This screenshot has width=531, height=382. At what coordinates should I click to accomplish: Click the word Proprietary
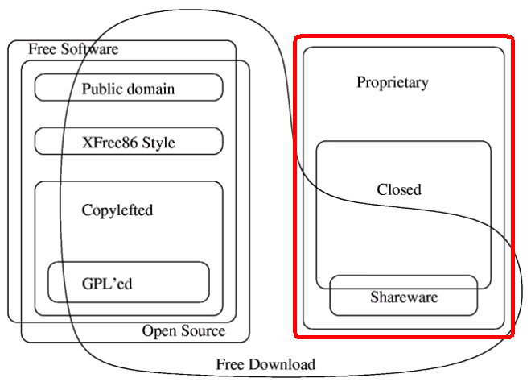click(x=393, y=82)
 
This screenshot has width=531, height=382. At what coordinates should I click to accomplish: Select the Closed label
click(x=399, y=190)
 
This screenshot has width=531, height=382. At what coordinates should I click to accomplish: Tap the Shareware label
click(x=404, y=297)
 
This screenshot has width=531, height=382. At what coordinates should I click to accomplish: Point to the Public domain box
click(x=129, y=88)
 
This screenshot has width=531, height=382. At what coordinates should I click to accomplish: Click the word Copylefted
click(x=117, y=210)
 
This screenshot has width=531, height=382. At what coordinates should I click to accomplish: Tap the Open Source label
click(x=183, y=331)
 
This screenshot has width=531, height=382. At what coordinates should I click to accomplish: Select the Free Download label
click(x=265, y=364)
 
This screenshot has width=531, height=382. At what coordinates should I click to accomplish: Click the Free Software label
click(x=73, y=49)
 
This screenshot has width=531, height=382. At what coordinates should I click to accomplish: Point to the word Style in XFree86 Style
click(x=158, y=143)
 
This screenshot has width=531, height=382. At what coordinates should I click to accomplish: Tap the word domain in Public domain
click(x=150, y=88)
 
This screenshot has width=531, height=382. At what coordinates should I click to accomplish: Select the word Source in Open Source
click(x=202, y=331)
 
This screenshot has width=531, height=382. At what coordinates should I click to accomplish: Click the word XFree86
click(x=110, y=143)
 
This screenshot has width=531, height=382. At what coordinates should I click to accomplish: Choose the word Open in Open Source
click(x=158, y=331)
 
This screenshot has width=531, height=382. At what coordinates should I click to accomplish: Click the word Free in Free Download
click(x=229, y=364)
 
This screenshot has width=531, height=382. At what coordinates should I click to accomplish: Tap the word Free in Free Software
click(x=42, y=49)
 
